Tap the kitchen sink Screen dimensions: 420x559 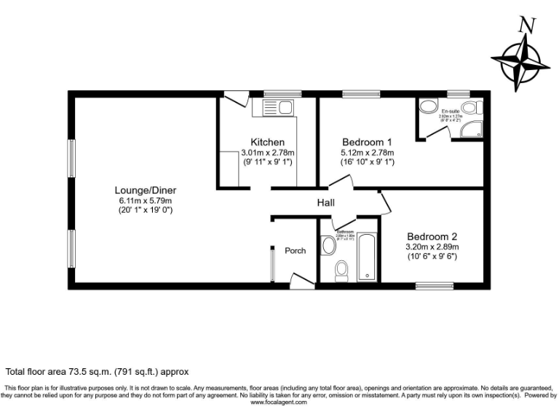pyautogui.click(x=276, y=109)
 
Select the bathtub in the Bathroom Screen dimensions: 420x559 pyautogui.click(x=367, y=257)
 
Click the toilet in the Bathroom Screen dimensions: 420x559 pyautogui.click(x=341, y=271)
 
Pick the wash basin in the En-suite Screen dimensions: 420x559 pyautogui.click(x=427, y=106)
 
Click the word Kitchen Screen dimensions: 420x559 pyautogui.click(x=267, y=141)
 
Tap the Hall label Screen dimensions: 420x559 pyautogui.click(x=325, y=203)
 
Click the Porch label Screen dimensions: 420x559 pyautogui.click(x=295, y=250)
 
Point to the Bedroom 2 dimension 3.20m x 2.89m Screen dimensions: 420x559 pyautogui.click(x=432, y=246)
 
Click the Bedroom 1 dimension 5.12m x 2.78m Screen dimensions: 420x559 pyautogui.click(x=367, y=152)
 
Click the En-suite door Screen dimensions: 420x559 pyautogui.click(x=437, y=131)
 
